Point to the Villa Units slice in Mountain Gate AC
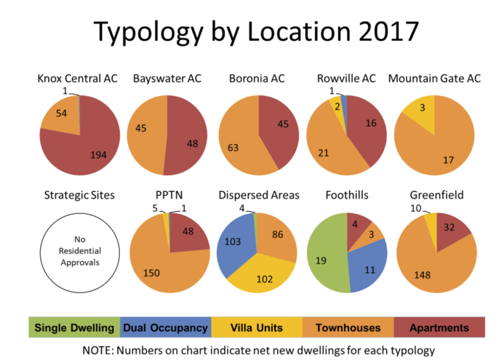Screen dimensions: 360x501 pyautogui.click(x=421, y=110)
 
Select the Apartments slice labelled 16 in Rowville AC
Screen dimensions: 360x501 pyautogui.click(x=367, y=125)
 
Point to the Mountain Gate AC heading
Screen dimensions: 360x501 pyautogui.click(x=434, y=78)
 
